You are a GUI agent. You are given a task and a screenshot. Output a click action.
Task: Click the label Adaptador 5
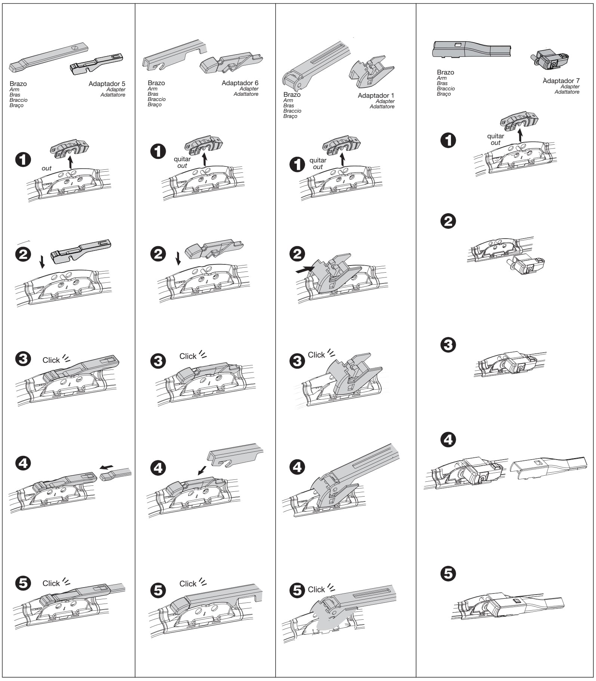tap(107, 84)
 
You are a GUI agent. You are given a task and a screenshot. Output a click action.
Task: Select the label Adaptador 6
tap(240, 83)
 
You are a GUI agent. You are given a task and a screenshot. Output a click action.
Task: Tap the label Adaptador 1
tap(375, 96)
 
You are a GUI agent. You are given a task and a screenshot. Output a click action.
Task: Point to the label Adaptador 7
tap(561, 81)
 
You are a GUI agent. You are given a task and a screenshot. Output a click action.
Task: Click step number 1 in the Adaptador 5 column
tap(23, 160)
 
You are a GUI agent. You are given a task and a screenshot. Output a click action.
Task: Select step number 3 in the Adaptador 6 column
tap(158, 361)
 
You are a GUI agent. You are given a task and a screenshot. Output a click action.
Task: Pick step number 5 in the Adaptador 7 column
tap(448, 573)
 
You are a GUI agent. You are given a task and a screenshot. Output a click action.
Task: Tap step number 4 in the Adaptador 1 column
tap(297, 467)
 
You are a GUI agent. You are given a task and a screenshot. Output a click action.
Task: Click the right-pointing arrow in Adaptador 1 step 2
tap(305, 269)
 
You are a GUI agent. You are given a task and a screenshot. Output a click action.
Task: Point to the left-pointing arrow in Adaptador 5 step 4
tap(107, 467)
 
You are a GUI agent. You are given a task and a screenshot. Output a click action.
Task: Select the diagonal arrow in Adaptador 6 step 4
tap(202, 470)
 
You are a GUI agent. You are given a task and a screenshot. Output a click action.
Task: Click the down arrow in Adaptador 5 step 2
tap(42, 262)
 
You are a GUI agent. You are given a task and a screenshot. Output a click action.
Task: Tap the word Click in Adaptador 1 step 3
tap(316, 355)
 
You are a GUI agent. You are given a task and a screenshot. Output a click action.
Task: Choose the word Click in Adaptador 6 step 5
tap(188, 584)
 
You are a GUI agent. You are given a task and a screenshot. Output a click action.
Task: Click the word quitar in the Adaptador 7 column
tap(495, 136)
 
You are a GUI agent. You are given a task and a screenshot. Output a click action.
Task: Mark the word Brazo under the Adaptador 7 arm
tap(445, 72)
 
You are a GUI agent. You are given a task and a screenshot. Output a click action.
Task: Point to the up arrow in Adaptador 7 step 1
tap(520, 135)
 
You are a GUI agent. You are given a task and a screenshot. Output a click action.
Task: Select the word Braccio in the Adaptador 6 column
tap(156, 99)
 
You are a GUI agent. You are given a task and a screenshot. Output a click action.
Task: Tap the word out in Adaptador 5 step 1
tap(46, 168)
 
